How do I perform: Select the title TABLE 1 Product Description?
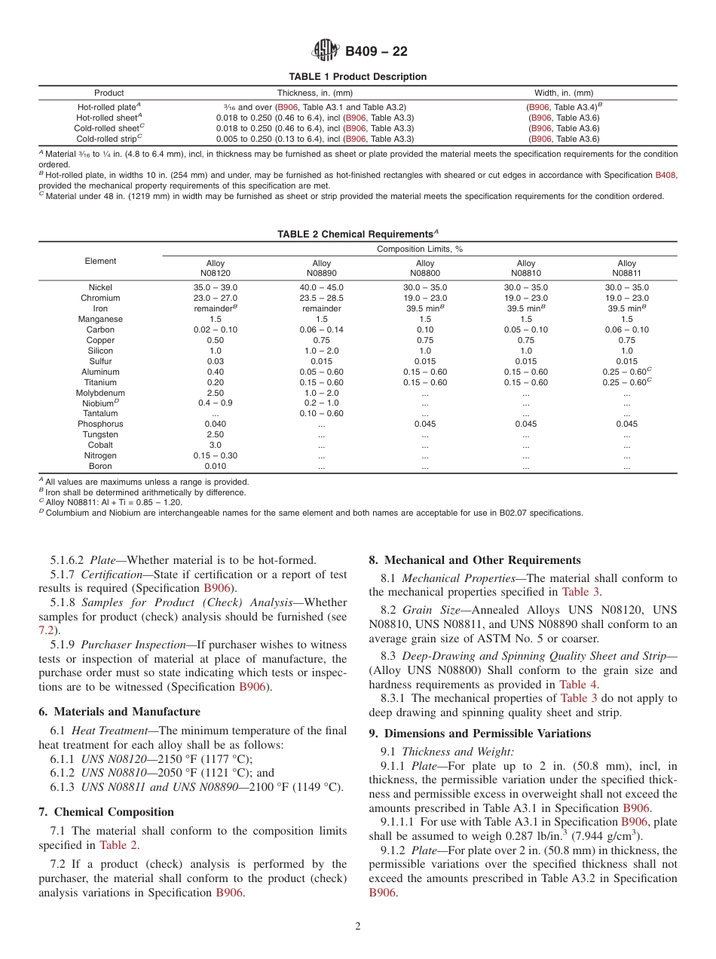358,77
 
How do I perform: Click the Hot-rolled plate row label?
109,108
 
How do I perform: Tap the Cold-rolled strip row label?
109,139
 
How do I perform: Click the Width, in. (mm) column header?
564,93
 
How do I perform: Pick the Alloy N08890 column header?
321,268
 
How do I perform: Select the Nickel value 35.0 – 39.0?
215,287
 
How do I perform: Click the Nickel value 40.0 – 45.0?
321,287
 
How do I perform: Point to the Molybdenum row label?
100,393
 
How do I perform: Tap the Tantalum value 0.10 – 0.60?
321,413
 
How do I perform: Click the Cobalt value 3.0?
215,445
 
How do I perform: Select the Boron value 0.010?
215,466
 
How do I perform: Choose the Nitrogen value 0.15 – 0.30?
215,455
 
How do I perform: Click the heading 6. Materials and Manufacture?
119,712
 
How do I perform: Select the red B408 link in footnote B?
666,175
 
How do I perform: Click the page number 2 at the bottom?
358,927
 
